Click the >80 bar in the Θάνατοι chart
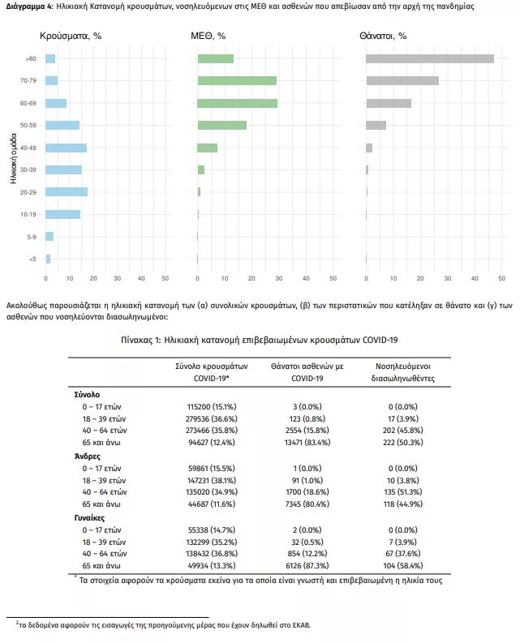tap(430, 58)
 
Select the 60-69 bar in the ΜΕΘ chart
tap(238, 103)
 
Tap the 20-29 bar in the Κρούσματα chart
tap(67, 192)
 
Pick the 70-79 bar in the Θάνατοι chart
tap(402, 80)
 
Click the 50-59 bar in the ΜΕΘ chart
tap(222, 125)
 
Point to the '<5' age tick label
tap(32, 259)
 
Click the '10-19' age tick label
tap(28, 214)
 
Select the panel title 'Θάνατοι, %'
tap(382, 36)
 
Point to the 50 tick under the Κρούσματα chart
tap(165, 279)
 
